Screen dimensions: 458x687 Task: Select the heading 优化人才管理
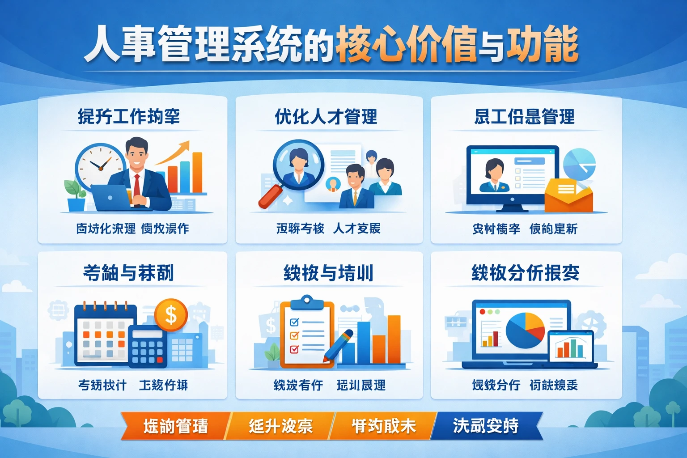pyautogui.click(x=326, y=117)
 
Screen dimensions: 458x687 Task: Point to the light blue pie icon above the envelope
pyautogui.click(x=579, y=163)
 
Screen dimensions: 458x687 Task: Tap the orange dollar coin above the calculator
pyautogui.click(x=171, y=314)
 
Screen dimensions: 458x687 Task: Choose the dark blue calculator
pyautogui.click(x=148, y=346)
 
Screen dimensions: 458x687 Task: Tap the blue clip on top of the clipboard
pyautogui.click(x=307, y=302)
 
